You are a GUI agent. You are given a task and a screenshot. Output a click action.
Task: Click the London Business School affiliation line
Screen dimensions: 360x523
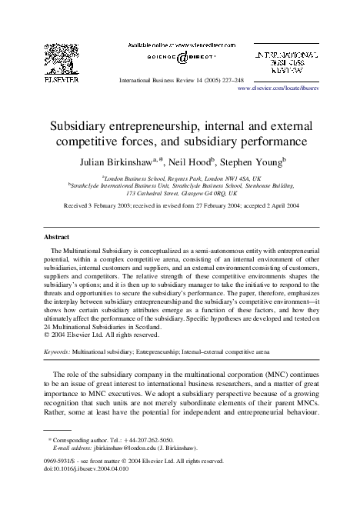(x=180, y=177)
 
